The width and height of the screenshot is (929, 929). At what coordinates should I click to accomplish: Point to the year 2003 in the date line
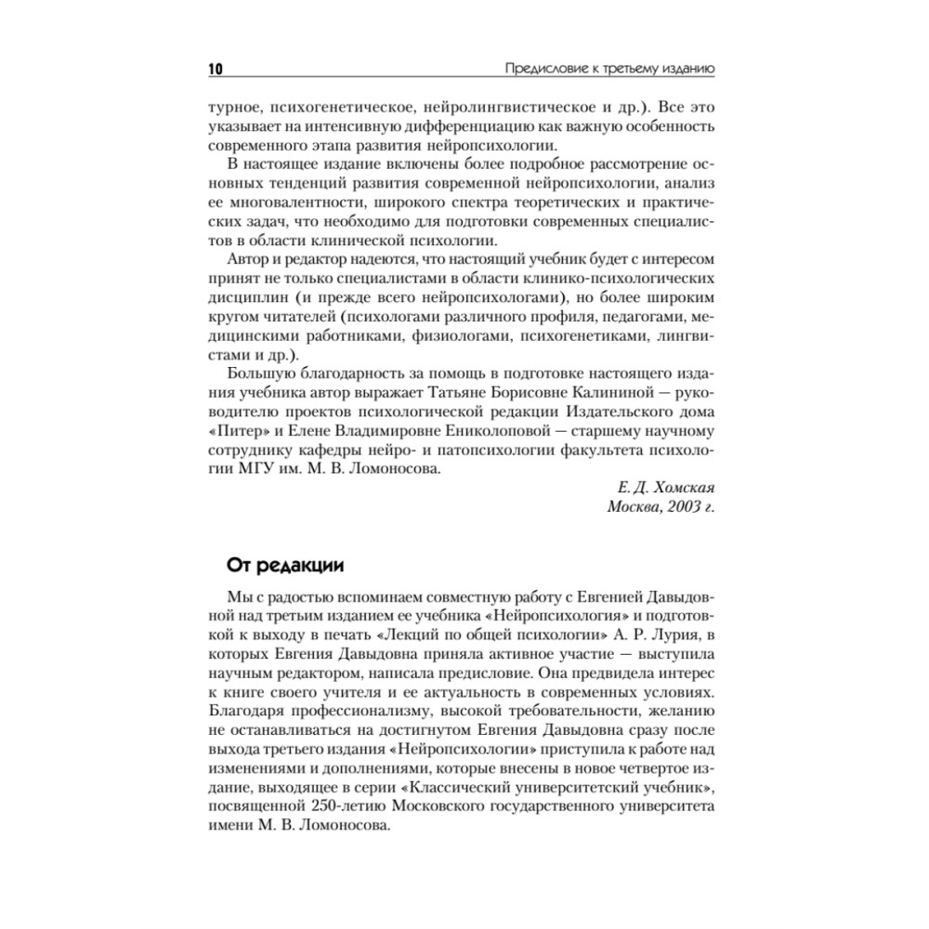[675, 506]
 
